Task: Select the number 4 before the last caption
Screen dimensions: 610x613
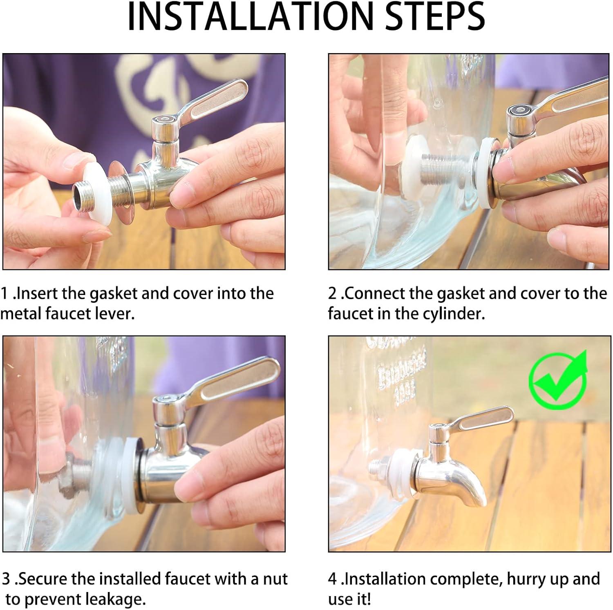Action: coord(333,579)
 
